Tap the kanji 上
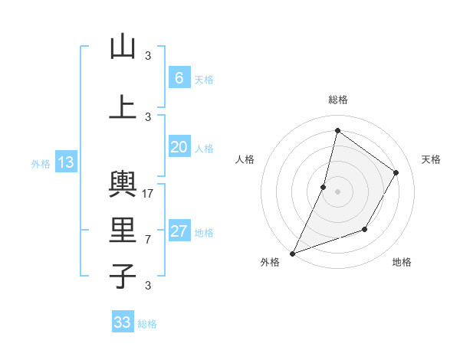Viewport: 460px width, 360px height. pyautogui.click(x=123, y=106)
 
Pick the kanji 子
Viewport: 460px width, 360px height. pyautogui.click(x=123, y=276)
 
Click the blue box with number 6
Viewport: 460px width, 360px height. pyautogui.click(x=179, y=78)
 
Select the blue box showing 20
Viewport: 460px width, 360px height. pyautogui.click(x=179, y=148)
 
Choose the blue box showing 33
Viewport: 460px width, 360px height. pyautogui.click(x=123, y=322)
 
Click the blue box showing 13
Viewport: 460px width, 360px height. pyautogui.click(x=65, y=162)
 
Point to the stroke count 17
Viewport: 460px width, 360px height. pyautogui.click(x=149, y=193)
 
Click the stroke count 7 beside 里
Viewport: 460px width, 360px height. pyautogui.click(x=148, y=239)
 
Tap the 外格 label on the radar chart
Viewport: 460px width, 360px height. pyautogui.click(x=270, y=262)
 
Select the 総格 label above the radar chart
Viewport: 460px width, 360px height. pyautogui.click(x=338, y=100)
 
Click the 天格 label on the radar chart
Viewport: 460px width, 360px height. pyautogui.click(x=432, y=159)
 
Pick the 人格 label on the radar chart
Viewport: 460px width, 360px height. pyautogui.click(x=245, y=159)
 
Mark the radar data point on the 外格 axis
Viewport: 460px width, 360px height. pyautogui.click(x=292, y=253)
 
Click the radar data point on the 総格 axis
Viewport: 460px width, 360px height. pyautogui.click(x=337, y=130)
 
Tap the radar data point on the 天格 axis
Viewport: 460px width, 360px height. pyautogui.click(x=396, y=172)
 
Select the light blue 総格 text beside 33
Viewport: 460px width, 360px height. pyautogui.click(x=148, y=324)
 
